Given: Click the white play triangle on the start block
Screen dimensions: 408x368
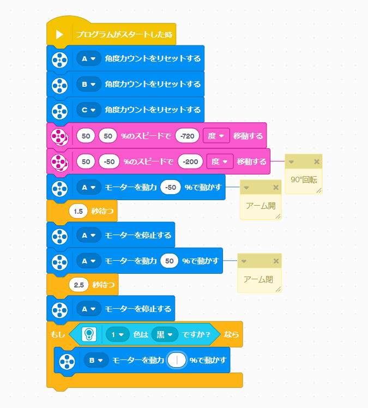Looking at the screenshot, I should [x=59, y=34].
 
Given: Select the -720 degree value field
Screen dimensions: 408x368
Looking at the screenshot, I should [x=188, y=135].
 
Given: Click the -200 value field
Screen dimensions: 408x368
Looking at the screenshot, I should [x=190, y=161].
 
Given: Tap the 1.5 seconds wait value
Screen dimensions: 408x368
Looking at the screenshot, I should [x=79, y=210].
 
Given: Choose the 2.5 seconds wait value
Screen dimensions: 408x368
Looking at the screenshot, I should [x=79, y=284].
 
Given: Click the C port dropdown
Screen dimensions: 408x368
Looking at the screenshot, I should [x=89, y=110].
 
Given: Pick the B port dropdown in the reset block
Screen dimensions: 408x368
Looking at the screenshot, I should [x=89, y=84].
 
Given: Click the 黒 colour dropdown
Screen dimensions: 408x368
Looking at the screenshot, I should [x=165, y=334].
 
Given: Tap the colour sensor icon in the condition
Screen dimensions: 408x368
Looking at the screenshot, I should [x=88, y=334].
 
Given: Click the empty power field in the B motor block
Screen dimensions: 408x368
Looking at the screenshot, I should [x=177, y=361].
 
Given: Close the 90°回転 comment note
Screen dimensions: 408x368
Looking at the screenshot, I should [x=317, y=162].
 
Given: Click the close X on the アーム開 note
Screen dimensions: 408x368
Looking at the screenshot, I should [x=276, y=188].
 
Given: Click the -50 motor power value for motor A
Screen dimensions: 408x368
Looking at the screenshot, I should [x=171, y=187].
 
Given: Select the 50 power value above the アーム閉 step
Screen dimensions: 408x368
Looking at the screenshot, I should [x=169, y=261].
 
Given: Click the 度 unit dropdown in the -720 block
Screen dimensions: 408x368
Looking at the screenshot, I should [x=215, y=135].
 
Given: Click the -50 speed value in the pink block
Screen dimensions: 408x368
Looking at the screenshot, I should [x=109, y=161].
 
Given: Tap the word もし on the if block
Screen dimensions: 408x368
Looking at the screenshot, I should [x=57, y=334].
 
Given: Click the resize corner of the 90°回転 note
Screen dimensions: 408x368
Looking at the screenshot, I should [x=318, y=190].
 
